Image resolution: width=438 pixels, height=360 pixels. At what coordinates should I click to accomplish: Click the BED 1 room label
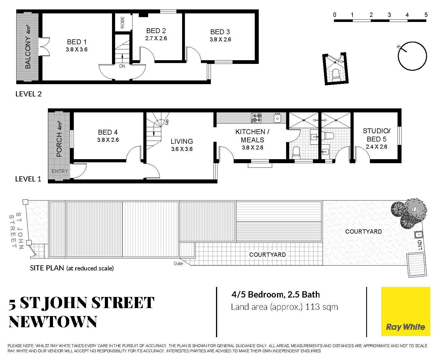pos(77,42)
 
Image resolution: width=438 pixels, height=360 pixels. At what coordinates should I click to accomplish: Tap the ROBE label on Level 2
pos(122,23)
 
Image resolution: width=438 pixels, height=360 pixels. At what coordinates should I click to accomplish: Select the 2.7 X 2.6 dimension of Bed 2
pos(156,38)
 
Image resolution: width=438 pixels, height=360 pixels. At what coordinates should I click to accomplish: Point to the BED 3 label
pos(220,32)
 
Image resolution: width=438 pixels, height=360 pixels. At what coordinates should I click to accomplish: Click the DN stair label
pos(122,66)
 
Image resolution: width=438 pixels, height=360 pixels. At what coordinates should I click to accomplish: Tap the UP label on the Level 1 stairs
pos(166,122)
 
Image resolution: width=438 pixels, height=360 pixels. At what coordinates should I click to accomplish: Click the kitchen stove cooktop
pos(256,118)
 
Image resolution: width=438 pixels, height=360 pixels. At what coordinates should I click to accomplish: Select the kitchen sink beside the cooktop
pos(278,118)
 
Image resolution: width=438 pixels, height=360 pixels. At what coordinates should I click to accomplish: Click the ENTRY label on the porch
pos(60,171)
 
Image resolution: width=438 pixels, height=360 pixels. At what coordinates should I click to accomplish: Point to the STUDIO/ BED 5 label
pos(376,135)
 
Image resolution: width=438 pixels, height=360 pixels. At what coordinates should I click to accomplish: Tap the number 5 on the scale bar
pos(426,15)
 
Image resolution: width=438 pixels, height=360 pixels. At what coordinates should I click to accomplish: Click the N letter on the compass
pos(398,47)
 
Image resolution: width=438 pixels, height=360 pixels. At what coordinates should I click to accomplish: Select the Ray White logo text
pos(406,327)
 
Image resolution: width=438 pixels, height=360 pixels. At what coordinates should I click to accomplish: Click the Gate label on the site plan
pos(178,263)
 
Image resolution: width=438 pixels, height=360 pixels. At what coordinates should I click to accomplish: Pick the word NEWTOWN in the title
pos(53,322)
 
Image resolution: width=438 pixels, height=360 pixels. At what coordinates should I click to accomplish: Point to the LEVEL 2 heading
pos(28,94)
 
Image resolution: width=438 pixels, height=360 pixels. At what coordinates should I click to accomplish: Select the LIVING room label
pos(182,141)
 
